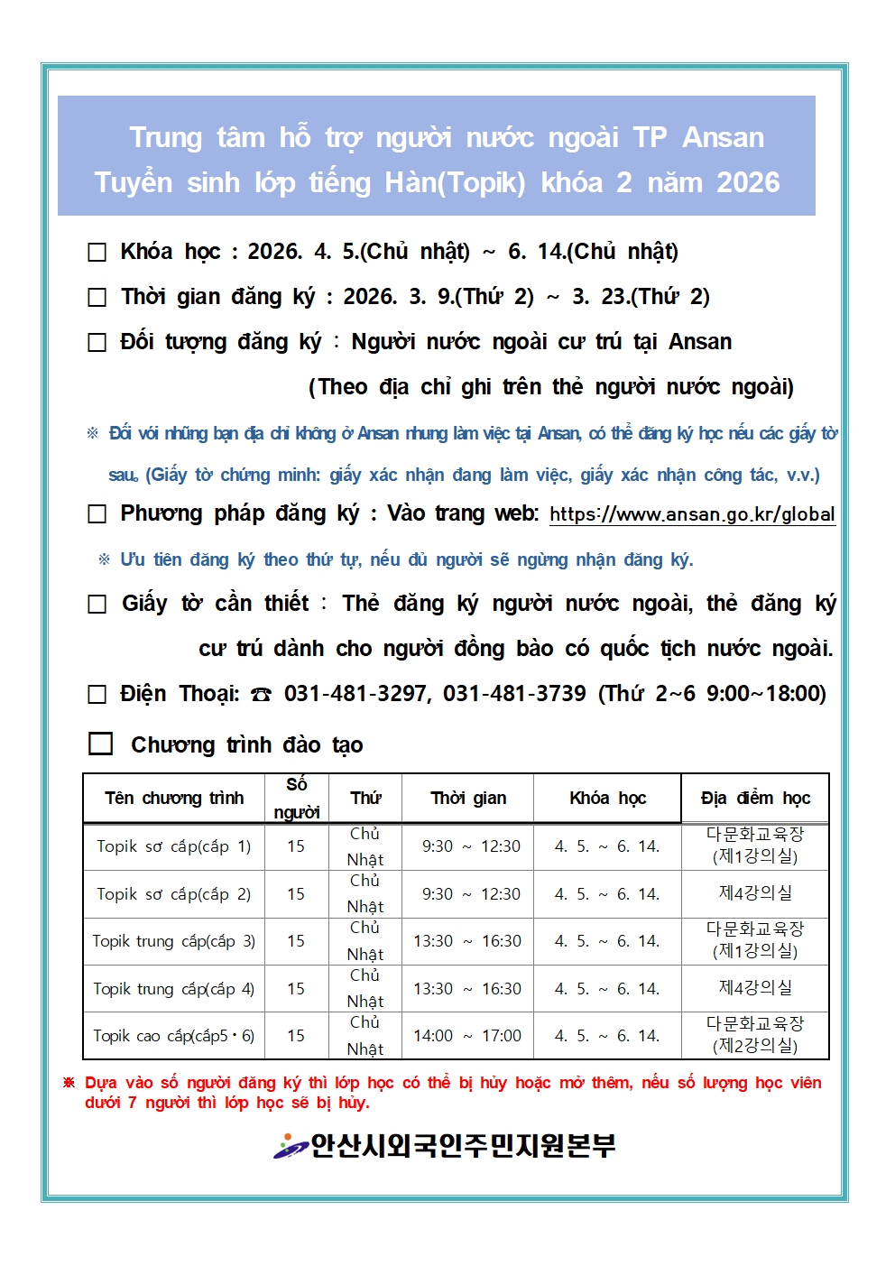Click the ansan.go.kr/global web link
(692, 514)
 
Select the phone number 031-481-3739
(514, 694)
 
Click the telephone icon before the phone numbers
(261, 695)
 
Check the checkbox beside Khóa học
(97, 253)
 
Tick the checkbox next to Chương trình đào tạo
(100, 744)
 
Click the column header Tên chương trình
(174, 799)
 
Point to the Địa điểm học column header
(755, 799)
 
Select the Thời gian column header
(468, 799)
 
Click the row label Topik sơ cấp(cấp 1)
(174, 846)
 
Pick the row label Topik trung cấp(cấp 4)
(174, 989)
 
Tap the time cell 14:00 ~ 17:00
(467, 1036)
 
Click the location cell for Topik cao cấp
(755, 1035)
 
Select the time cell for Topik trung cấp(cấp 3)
(467, 941)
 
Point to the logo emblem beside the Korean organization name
(291, 1146)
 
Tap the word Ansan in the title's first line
(723, 138)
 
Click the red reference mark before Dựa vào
(69, 1083)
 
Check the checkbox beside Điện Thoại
(97, 695)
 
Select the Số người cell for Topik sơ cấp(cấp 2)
(296, 894)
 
